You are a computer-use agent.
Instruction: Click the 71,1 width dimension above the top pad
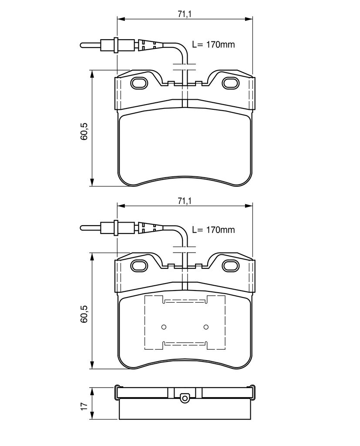coord(185,14)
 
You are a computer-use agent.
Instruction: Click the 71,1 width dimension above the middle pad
coord(185,201)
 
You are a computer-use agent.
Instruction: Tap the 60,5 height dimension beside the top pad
coord(84,132)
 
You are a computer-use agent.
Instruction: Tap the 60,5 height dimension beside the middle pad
coord(84,314)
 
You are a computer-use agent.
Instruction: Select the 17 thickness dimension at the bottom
coord(84,406)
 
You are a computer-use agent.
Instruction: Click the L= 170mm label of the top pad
coord(214,45)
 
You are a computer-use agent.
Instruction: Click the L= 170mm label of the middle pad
coord(214,230)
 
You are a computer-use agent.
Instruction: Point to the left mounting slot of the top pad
coord(139,83)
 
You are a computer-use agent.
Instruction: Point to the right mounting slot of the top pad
coord(230,83)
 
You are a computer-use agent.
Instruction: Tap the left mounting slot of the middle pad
coord(139,266)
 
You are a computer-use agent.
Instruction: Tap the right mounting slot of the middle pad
coord(230,266)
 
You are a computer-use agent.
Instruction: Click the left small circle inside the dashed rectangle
coord(164,327)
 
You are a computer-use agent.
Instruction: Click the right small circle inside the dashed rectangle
coord(206,327)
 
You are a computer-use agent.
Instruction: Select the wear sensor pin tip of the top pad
coord(81,45)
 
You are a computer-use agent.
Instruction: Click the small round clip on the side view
coord(185,398)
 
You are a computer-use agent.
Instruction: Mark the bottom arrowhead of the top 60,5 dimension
coord(92,182)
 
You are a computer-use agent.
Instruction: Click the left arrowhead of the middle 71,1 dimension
coord(121,206)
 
